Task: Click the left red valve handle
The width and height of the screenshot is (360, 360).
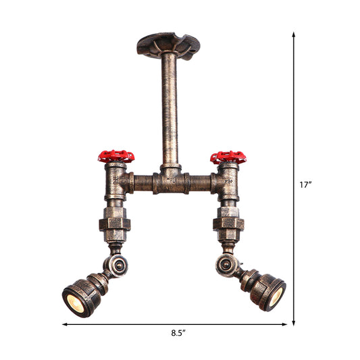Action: click(x=116, y=157)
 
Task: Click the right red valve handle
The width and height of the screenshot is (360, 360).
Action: click(x=228, y=157)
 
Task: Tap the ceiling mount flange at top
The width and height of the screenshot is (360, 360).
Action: click(x=169, y=45)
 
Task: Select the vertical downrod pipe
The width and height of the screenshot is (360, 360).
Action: click(x=170, y=108)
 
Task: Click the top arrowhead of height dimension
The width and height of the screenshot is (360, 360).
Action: click(x=294, y=34)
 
